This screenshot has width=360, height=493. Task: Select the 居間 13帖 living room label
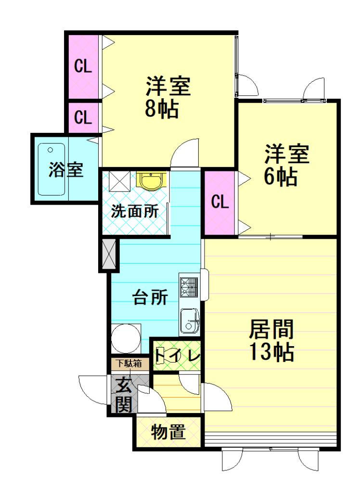coord(271,340)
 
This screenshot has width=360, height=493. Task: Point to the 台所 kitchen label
coord(150,297)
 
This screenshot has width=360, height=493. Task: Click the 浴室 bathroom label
coord(66,169)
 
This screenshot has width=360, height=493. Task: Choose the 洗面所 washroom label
coord(135,211)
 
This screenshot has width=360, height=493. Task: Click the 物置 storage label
coord(168,432)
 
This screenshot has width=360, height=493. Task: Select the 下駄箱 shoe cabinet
coord(129,364)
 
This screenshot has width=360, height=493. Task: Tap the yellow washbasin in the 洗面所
coord(151,180)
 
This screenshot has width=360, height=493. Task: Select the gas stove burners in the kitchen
coord(189,286)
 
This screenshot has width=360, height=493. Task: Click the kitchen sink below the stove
coord(190,321)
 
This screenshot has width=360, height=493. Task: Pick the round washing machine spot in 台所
coord(126,339)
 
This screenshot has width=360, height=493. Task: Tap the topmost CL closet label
coord(83,66)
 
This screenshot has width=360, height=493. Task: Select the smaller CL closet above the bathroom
coord(83,118)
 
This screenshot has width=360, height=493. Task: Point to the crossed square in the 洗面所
coord(119,181)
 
